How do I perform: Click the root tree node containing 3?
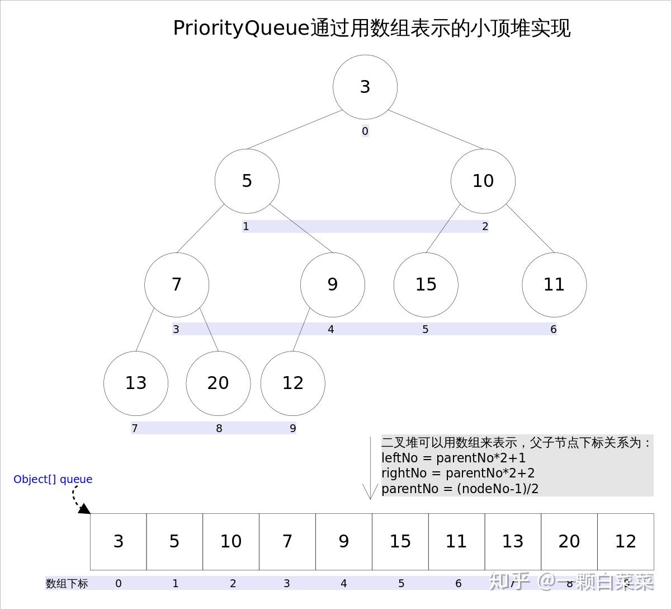pyautogui.click(x=365, y=87)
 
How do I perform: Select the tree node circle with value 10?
pyautogui.click(x=483, y=181)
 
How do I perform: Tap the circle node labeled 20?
pyautogui.click(x=218, y=383)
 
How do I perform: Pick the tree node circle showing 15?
pyautogui.click(x=426, y=284)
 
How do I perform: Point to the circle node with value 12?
pyautogui.click(x=293, y=383)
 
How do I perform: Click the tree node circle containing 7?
pyautogui.click(x=177, y=284)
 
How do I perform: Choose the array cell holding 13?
pyautogui.click(x=513, y=541)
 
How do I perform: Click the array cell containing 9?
pyautogui.click(x=344, y=541)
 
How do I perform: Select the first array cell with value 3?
pyautogui.click(x=119, y=541)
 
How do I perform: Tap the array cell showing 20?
pyautogui.click(x=569, y=541)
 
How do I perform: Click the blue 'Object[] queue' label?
pyautogui.click(x=53, y=479)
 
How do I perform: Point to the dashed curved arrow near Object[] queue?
pyautogui.click(x=78, y=500)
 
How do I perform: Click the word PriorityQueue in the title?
pyautogui.click(x=241, y=28)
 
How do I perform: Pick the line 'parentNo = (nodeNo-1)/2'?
pyautogui.click(x=460, y=489)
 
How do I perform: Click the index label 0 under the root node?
pyautogui.click(x=365, y=132)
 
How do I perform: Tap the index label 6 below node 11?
pyautogui.click(x=553, y=330)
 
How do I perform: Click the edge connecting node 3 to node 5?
pyautogui.click(x=294, y=130)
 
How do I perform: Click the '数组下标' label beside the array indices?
pyautogui.click(x=67, y=584)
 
